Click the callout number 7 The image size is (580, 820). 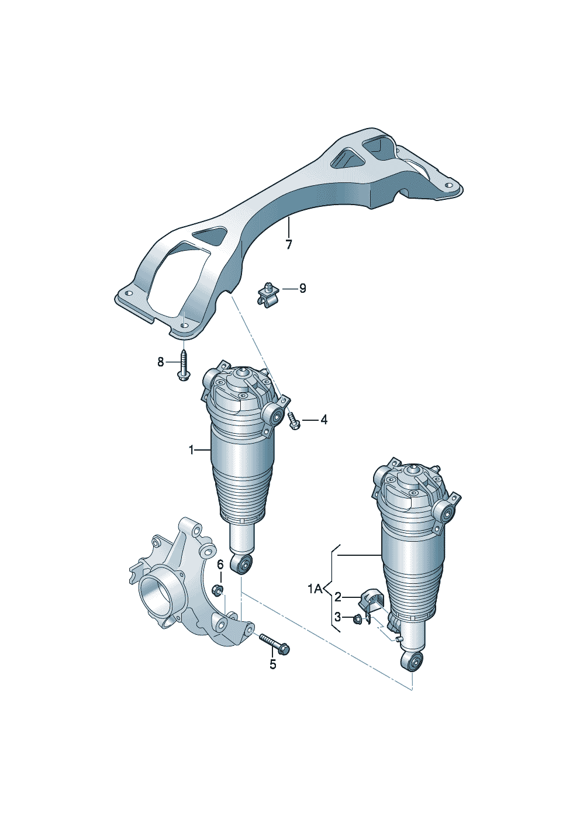pyautogui.click(x=288, y=244)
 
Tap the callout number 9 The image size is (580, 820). pyautogui.click(x=302, y=289)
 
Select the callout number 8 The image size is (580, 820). pyautogui.click(x=160, y=362)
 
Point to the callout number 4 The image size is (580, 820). pyautogui.click(x=324, y=420)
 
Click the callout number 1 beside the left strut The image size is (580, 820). pyautogui.click(x=191, y=450)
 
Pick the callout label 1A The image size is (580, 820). pyautogui.click(x=315, y=589)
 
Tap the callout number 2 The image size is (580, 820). pyautogui.click(x=337, y=597)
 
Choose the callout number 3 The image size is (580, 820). pyautogui.click(x=337, y=617)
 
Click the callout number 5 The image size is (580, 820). pyautogui.click(x=273, y=664)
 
